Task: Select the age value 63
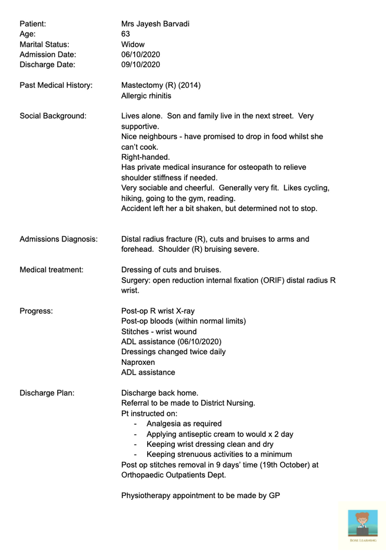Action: (x=126, y=34)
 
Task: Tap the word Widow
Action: (x=133, y=44)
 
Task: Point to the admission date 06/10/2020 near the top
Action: (x=141, y=55)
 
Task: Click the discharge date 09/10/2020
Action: (x=141, y=64)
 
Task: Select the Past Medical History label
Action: (x=56, y=85)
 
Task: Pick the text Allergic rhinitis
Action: (x=146, y=96)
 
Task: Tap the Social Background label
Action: (x=53, y=116)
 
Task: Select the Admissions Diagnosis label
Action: (x=58, y=239)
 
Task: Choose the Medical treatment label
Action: (x=51, y=269)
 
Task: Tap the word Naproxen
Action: (x=138, y=362)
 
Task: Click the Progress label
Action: (x=36, y=311)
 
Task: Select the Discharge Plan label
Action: (x=47, y=393)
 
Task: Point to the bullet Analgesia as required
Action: (x=184, y=424)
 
